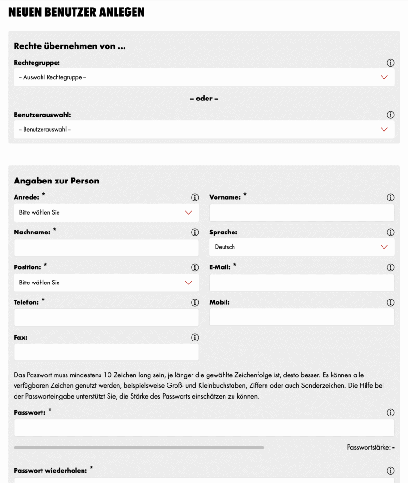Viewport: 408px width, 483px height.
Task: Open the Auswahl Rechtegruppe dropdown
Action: [x=204, y=77]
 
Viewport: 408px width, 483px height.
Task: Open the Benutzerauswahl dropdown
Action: [x=204, y=129]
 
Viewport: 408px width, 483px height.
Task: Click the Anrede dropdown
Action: [x=106, y=213]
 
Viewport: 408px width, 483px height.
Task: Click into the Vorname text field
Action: [x=302, y=213]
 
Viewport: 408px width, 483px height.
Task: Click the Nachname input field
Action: [x=106, y=248]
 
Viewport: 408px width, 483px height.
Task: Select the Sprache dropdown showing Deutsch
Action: [x=302, y=247]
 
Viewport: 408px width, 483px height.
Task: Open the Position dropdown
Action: [x=106, y=283]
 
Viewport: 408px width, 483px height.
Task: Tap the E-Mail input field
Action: [x=302, y=283]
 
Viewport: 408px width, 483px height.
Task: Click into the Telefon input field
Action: [x=106, y=317]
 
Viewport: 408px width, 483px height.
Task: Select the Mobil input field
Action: [x=302, y=317]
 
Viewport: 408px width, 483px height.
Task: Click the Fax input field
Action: [x=106, y=352]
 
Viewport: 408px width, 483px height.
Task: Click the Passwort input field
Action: [x=204, y=428]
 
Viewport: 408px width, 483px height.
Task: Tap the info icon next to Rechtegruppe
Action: [x=391, y=63]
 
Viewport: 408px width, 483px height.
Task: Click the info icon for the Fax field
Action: [x=195, y=338]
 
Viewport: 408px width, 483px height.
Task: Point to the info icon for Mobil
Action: [x=391, y=303]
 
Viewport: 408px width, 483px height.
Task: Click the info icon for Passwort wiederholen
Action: [x=391, y=471]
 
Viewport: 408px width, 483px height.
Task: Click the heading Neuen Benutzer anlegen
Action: [x=76, y=12]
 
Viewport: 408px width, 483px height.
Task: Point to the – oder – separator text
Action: [x=204, y=99]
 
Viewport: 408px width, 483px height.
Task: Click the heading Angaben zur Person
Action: [x=57, y=181]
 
